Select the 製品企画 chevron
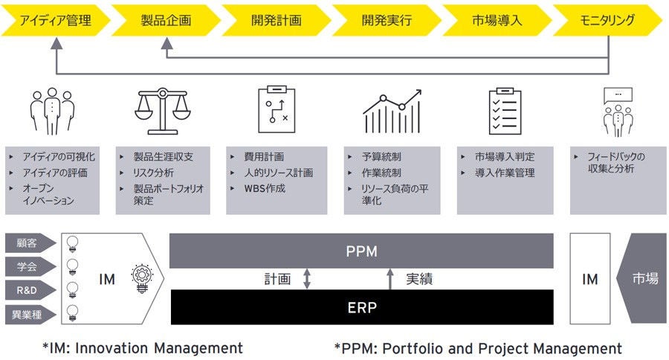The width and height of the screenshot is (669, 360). [x=165, y=20]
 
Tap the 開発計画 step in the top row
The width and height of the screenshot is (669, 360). [x=275, y=20]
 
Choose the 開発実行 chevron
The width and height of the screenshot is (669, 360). [x=386, y=20]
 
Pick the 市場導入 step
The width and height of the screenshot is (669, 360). [x=497, y=20]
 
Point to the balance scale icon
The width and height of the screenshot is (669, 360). [x=164, y=112]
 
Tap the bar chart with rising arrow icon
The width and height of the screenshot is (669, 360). [x=392, y=112]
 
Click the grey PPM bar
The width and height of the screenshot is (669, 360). [x=361, y=251]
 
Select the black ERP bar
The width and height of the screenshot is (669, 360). [x=361, y=307]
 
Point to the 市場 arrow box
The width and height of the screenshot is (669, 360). [x=643, y=278]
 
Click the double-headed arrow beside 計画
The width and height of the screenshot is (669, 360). [x=306, y=279]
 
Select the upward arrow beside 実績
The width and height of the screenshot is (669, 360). [x=390, y=279]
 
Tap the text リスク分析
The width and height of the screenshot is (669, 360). [x=149, y=173]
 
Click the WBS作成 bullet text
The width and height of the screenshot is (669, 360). [x=265, y=188]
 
